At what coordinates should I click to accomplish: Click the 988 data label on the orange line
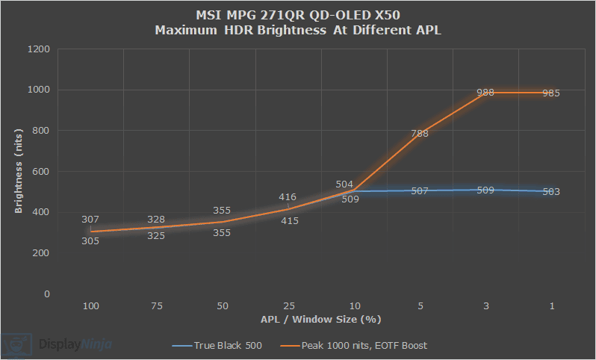click(x=485, y=93)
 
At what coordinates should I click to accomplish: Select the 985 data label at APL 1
click(x=551, y=93)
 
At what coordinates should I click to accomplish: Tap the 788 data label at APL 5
click(x=419, y=134)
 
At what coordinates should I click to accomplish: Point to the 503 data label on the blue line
click(x=551, y=192)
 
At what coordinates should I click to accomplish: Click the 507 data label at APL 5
click(x=419, y=191)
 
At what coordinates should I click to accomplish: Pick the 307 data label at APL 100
click(x=90, y=220)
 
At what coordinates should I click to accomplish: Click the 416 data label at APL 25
click(x=288, y=197)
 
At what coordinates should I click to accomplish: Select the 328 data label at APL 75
click(x=156, y=220)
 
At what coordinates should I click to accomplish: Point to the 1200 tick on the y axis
click(x=38, y=49)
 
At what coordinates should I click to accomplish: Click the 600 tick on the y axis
click(x=41, y=172)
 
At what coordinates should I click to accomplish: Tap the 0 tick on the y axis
click(x=46, y=294)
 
